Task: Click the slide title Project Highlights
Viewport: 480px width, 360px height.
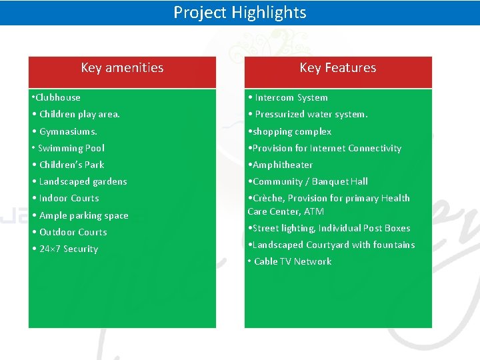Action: pyautogui.click(x=240, y=13)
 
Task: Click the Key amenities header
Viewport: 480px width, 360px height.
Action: pyautogui.click(x=122, y=67)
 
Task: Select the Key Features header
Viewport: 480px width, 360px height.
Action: pyautogui.click(x=337, y=67)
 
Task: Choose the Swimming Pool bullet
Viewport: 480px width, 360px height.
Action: pyautogui.click(x=71, y=148)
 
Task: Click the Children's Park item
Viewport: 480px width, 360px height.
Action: pyautogui.click(x=71, y=165)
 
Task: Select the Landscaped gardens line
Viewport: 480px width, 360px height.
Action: pyautogui.click(x=83, y=181)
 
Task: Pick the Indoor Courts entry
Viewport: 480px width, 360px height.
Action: pyautogui.click(x=69, y=198)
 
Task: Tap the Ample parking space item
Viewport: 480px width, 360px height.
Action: pyautogui.click(x=83, y=215)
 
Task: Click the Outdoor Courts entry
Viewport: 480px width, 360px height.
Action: pyautogui.click(x=73, y=232)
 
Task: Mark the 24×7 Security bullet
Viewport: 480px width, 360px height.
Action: pyautogui.click(x=68, y=249)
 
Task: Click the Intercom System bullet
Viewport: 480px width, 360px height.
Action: pyautogui.click(x=291, y=97)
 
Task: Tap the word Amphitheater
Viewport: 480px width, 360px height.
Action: pyautogui.click(x=282, y=165)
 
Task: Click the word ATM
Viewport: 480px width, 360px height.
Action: pyautogui.click(x=314, y=211)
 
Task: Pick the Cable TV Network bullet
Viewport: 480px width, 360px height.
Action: pyautogui.click(x=292, y=261)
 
